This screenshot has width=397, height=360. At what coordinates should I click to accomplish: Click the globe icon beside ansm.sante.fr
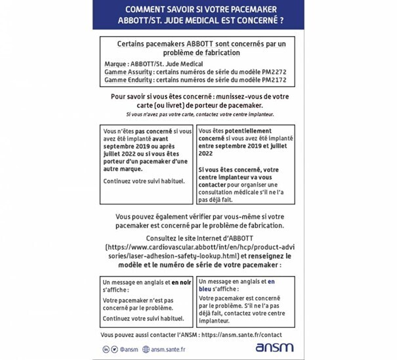tap(146, 349)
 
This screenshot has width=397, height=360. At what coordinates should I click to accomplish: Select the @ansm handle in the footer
tap(129, 349)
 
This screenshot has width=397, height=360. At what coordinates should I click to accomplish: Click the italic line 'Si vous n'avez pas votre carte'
tap(200, 114)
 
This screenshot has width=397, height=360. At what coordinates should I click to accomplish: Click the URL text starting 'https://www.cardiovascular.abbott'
tap(201, 247)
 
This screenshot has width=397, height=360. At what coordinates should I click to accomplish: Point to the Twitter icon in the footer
tap(115, 349)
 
